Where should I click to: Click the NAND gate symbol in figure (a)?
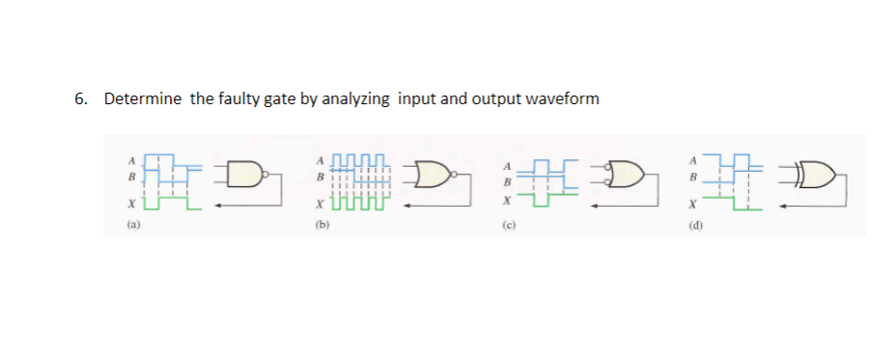245,175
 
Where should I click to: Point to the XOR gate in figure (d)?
818,177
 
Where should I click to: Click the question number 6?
80,98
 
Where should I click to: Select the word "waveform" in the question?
562,98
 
